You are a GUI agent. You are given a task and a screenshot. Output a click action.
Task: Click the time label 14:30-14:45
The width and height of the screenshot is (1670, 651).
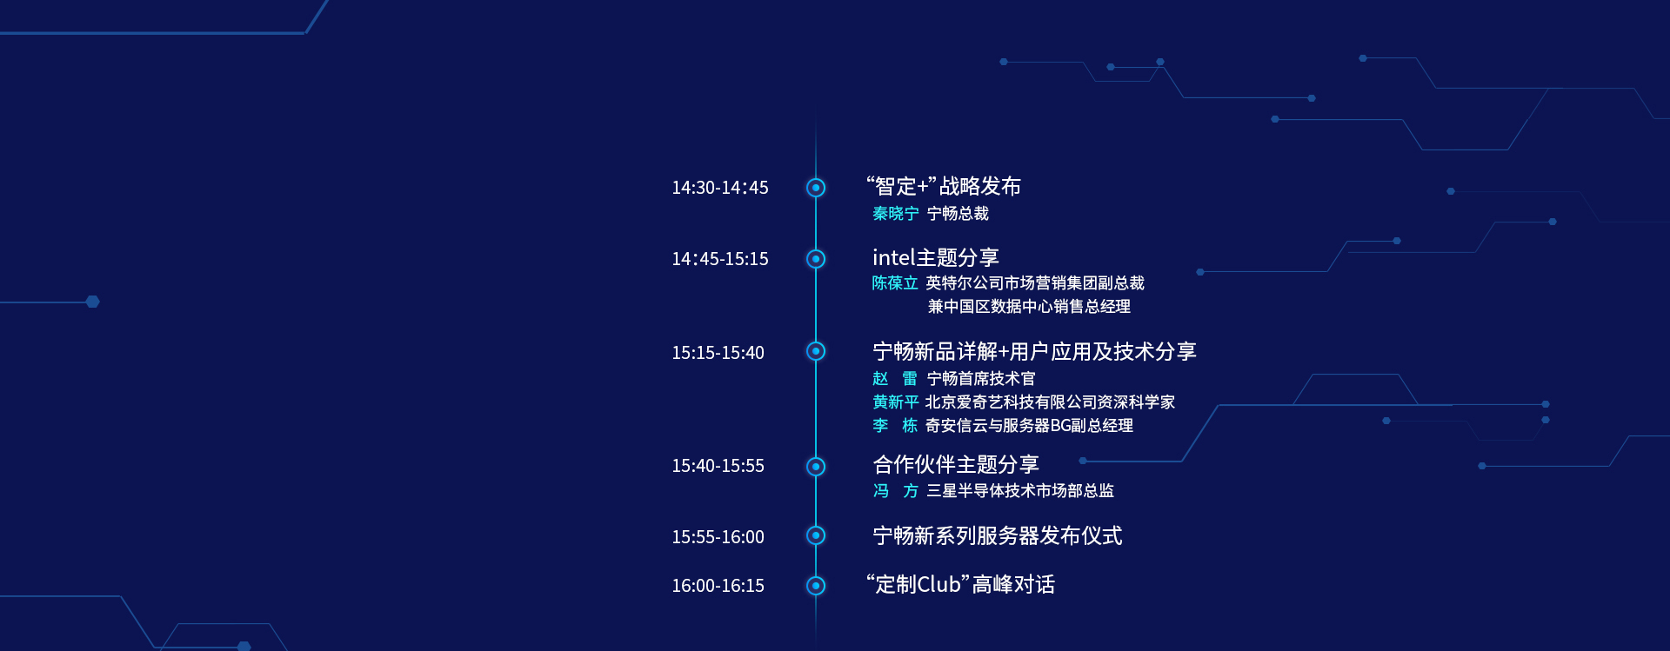[719, 188]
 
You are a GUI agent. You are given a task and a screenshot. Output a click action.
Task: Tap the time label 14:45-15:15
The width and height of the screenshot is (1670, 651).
[719, 259]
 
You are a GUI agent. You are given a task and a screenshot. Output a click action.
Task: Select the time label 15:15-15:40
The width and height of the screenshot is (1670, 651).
[718, 353]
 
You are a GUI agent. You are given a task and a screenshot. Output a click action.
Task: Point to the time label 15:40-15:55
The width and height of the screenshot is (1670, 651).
[718, 466]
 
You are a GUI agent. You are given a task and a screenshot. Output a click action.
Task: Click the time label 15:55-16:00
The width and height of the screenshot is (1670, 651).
[718, 537]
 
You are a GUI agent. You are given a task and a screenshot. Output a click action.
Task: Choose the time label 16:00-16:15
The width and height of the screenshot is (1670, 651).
[718, 586]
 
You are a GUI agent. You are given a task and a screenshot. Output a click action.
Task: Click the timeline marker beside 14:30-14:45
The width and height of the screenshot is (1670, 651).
[816, 188]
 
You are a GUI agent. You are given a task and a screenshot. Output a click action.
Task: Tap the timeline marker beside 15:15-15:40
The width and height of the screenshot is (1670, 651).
[816, 351]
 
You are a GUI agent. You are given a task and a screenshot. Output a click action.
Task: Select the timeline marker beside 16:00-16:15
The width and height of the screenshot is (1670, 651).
[816, 586]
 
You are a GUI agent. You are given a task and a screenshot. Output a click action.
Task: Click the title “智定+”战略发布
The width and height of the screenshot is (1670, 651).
[944, 187]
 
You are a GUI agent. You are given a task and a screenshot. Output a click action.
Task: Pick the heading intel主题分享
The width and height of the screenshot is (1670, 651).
[936, 258]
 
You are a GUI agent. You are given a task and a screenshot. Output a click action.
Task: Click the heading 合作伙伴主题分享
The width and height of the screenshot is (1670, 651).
[956, 465]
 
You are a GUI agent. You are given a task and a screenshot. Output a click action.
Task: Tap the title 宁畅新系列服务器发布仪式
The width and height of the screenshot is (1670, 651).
[998, 536]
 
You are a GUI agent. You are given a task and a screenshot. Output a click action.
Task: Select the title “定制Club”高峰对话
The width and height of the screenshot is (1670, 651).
[960, 585]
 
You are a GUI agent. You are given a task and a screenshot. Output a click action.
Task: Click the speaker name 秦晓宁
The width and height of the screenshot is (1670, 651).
[896, 214]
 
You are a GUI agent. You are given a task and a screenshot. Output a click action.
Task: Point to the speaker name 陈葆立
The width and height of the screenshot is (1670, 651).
[895, 283]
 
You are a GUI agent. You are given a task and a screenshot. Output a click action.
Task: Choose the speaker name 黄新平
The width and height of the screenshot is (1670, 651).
[896, 402]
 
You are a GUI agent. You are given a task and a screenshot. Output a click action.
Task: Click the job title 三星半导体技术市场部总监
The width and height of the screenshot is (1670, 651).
[1020, 491]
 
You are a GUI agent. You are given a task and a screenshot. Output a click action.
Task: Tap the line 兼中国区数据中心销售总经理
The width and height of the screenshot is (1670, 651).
[1029, 307]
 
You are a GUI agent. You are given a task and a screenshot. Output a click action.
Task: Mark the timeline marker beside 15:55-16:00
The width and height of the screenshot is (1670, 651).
[816, 535]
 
